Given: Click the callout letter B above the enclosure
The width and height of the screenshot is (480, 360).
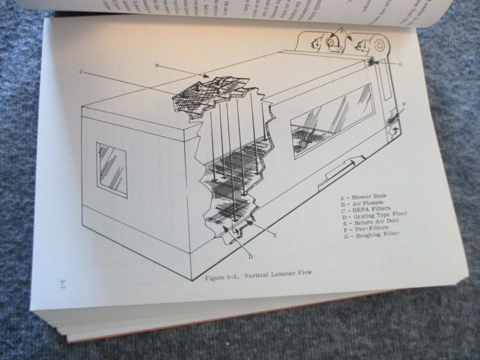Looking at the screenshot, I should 157,65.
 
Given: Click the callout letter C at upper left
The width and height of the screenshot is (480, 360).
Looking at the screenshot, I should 82,72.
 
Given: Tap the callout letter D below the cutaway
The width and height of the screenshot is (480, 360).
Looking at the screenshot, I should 251,257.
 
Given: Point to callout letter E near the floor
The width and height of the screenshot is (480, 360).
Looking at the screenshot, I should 275,235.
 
